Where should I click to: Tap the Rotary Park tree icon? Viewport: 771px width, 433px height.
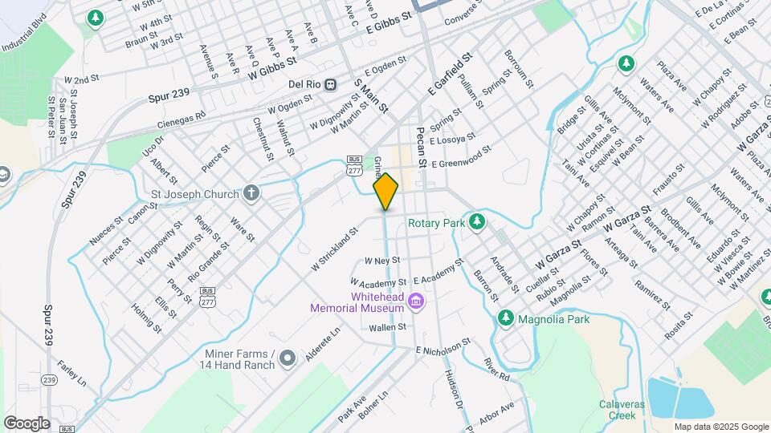tap(478, 221)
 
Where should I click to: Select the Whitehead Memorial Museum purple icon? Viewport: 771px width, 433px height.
tap(415, 301)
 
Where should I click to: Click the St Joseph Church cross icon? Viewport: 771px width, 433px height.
tap(252, 193)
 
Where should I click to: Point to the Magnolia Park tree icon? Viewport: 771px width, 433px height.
tap(506, 319)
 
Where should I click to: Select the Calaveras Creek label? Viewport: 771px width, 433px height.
tap(622, 410)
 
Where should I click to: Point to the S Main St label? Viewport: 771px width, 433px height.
tap(371, 95)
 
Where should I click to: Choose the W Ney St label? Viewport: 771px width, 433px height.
tap(381, 261)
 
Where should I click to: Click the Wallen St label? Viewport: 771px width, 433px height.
tap(389, 327)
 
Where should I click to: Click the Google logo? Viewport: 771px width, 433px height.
tap(27, 423)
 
